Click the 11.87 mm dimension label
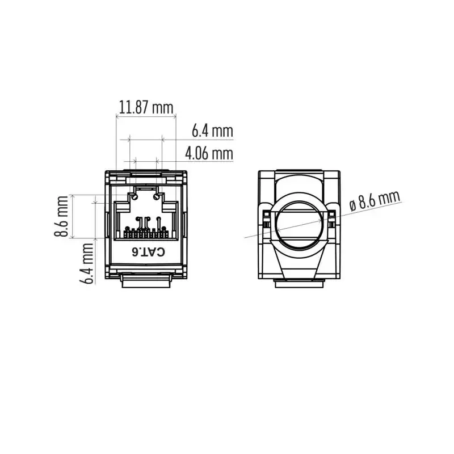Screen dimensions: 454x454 pyautogui.click(x=146, y=107)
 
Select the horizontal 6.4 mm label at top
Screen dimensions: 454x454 pyautogui.click(x=212, y=131)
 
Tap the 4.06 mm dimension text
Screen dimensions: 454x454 pyautogui.click(x=209, y=153)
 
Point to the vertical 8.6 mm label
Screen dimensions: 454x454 pyautogui.click(x=61, y=216)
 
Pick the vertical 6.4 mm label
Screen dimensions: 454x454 pyautogui.click(x=86, y=264)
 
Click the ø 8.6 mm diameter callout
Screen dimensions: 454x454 pyautogui.click(x=375, y=201)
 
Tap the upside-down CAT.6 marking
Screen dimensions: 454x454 pyautogui.click(x=148, y=252)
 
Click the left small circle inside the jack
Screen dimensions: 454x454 pyautogui.click(x=134, y=197)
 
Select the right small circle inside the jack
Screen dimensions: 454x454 pyautogui.click(x=157, y=197)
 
